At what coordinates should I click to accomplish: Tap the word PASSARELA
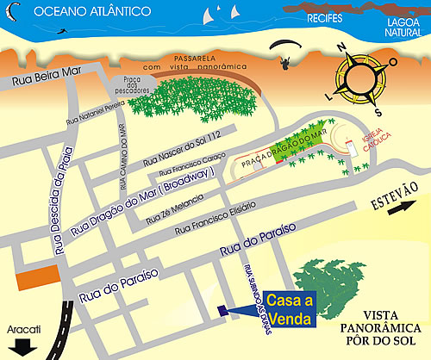point(197,53)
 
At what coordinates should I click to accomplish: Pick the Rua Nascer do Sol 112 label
point(183,146)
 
